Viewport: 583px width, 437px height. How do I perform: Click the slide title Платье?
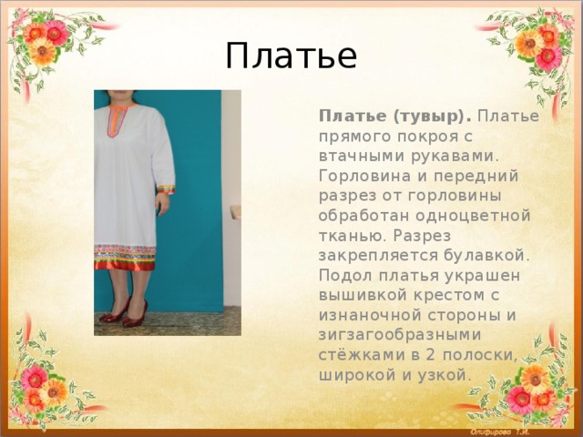click(291, 56)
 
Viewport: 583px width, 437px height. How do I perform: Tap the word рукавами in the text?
click(455, 157)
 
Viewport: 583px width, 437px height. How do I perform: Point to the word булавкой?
click(486, 256)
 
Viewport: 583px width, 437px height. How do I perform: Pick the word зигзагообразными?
click(400, 336)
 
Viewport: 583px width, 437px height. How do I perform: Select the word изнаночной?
click(370, 316)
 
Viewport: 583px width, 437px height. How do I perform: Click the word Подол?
click(344, 276)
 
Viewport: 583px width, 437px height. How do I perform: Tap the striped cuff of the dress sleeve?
click(166, 189)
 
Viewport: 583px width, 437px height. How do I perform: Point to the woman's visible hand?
click(162, 203)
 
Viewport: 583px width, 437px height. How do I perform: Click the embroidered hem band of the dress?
click(125, 257)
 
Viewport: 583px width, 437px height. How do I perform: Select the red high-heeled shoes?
click(124, 314)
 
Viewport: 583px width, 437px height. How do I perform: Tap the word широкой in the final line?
click(357, 375)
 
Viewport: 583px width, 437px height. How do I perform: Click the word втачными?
click(361, 157)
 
